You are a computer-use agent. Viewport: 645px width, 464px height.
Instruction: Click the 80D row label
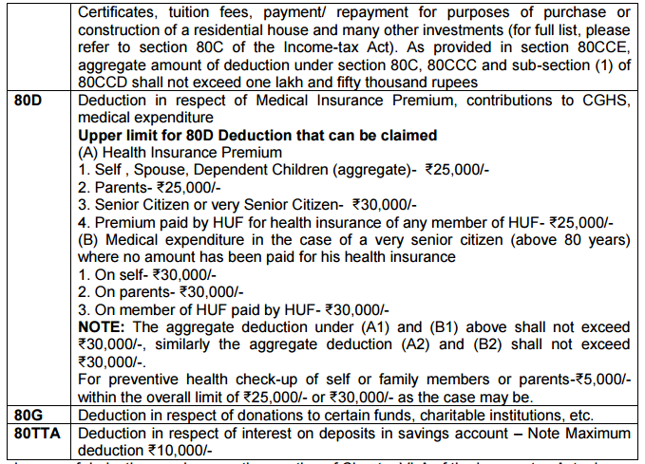coord(24,100)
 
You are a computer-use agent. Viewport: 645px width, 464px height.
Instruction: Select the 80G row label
coord(24,415)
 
